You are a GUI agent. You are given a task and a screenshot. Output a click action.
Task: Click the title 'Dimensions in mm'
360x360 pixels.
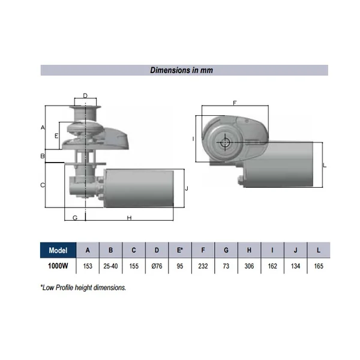pyautogui.click(x=181, y=70)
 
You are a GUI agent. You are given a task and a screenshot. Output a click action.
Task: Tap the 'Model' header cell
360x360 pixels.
pyautogui.click(x=58, y=250)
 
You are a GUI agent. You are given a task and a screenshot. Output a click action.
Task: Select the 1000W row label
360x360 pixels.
pyautogui.click(x=58, y=266)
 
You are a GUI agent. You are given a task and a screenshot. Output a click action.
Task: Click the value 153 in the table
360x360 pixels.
pyautogui.click(x=88, y=266)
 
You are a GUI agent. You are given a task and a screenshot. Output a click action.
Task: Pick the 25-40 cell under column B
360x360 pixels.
pyautogui.click(x=110, y=266)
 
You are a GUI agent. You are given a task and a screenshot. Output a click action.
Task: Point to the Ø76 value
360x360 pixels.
pyautogui.click(x=157, y=266)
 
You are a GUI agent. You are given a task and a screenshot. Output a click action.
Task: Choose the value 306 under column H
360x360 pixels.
pyautogui.click(x=249, y=266)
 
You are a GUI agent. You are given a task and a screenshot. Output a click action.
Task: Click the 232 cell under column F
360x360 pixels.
pyautogui.click(x=203, y=266)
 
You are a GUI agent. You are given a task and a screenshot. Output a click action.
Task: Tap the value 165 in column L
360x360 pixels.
pyautogui.click(x=319, y=266)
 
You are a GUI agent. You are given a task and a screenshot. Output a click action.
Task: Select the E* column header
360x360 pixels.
pyautogui.click(x=180, y=250)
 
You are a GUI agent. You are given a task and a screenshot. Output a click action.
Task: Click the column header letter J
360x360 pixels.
pyautogui.click(x=295, y=250)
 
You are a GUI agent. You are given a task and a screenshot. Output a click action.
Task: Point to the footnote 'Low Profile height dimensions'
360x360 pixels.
pyautogui.click(x=83, y=287)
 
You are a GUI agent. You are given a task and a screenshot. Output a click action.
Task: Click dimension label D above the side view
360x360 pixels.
pyautogui.click(x=85, y=95)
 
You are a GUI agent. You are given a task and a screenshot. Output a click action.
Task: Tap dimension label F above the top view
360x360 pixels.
pyautogui.click(x=235, y=103)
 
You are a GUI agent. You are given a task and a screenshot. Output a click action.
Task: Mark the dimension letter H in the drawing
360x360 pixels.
pyautogui.click(x=129, y=218)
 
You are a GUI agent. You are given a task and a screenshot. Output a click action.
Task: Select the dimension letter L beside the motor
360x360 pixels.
pyautogui.click(x=325, y=166)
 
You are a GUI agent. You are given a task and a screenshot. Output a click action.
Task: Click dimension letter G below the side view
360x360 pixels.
pyautogui.click(x=75, y=218)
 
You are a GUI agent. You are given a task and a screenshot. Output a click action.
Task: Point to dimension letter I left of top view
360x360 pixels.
pyautogui.click(x=193, y=139)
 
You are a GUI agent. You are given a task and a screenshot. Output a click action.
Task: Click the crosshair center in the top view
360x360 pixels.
pyautogui.click(x=225, y=143)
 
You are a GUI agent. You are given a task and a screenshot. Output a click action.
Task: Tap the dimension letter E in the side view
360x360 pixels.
pyautogui.click(x=56, y=136)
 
